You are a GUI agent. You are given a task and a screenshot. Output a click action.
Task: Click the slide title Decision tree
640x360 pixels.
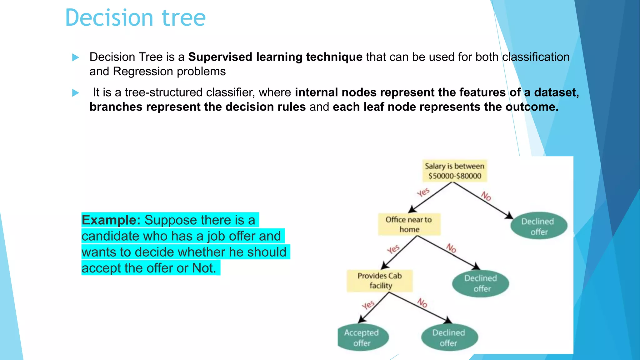pos(135,18)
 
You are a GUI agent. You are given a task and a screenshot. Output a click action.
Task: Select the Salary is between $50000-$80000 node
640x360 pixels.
pos(454,171)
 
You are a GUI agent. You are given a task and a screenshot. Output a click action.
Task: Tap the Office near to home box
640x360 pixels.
pos(409,224)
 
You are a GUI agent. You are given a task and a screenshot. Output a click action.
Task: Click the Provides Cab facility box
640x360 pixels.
pos(380,281)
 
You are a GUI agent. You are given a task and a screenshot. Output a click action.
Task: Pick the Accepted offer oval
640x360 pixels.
pos(362,337)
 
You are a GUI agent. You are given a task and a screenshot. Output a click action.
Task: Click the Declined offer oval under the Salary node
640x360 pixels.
pos(539,226)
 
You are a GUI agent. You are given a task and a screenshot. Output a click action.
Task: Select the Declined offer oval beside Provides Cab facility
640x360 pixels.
pos(481,283)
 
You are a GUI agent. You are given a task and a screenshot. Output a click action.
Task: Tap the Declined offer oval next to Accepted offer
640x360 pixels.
pos(449,337)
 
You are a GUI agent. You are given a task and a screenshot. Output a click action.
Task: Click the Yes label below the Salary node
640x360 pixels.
pos(423,192)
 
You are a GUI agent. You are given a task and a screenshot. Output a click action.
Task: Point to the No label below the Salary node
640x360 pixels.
pos(486,196)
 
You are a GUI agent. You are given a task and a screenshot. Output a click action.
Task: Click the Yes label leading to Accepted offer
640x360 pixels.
pos(368,305)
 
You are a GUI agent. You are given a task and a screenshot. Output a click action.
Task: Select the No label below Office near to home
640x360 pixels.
pos(451,248)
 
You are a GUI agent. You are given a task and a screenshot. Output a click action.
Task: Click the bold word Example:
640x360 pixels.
pos(111,220)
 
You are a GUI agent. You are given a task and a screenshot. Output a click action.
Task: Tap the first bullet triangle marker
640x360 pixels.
pos(75,57)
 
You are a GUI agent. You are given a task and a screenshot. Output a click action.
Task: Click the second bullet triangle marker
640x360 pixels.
pos(75,93)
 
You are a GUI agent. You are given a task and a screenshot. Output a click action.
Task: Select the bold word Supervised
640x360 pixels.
pos(220,57)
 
